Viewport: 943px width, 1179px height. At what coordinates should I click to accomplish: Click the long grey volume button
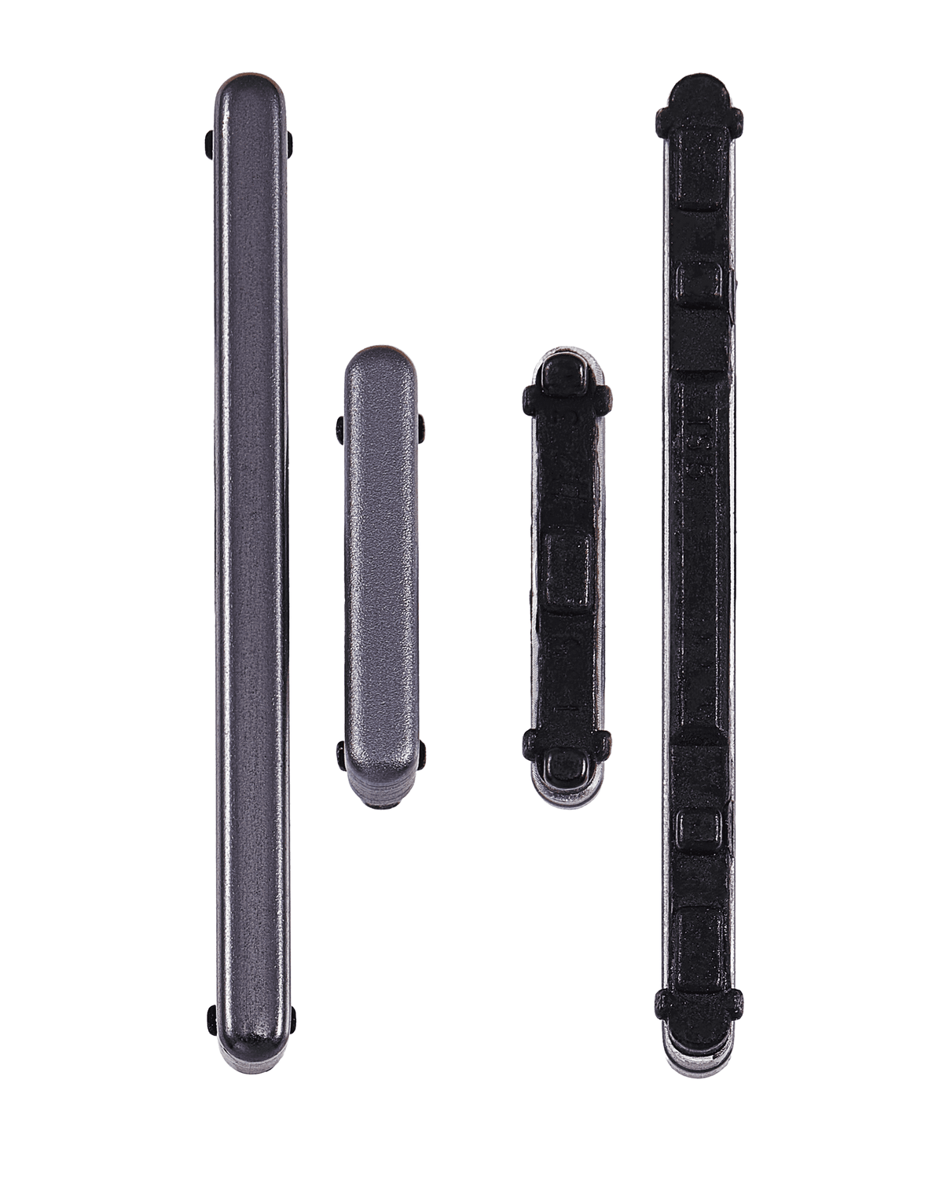point(251,574)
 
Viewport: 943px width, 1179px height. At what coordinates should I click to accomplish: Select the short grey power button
point(380,574)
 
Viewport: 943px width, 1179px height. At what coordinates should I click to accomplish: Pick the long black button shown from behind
point(699,574)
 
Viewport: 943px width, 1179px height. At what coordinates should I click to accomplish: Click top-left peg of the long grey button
point(210,143)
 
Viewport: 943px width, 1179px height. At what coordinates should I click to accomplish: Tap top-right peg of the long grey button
point(290,143)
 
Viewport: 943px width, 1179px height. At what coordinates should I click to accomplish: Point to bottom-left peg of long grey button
point(211,1019)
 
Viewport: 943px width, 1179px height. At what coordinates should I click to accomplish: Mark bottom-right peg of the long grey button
point(292,1019)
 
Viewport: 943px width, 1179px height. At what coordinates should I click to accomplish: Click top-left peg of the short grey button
point(340,428)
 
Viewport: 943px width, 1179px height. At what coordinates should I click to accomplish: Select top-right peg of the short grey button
point(422,428)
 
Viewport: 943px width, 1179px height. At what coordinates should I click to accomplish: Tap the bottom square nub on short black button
point(567,763)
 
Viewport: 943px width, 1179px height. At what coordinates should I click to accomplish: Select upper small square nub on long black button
point(699,283)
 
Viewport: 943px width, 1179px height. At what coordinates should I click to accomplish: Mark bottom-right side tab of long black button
point(735,1002)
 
